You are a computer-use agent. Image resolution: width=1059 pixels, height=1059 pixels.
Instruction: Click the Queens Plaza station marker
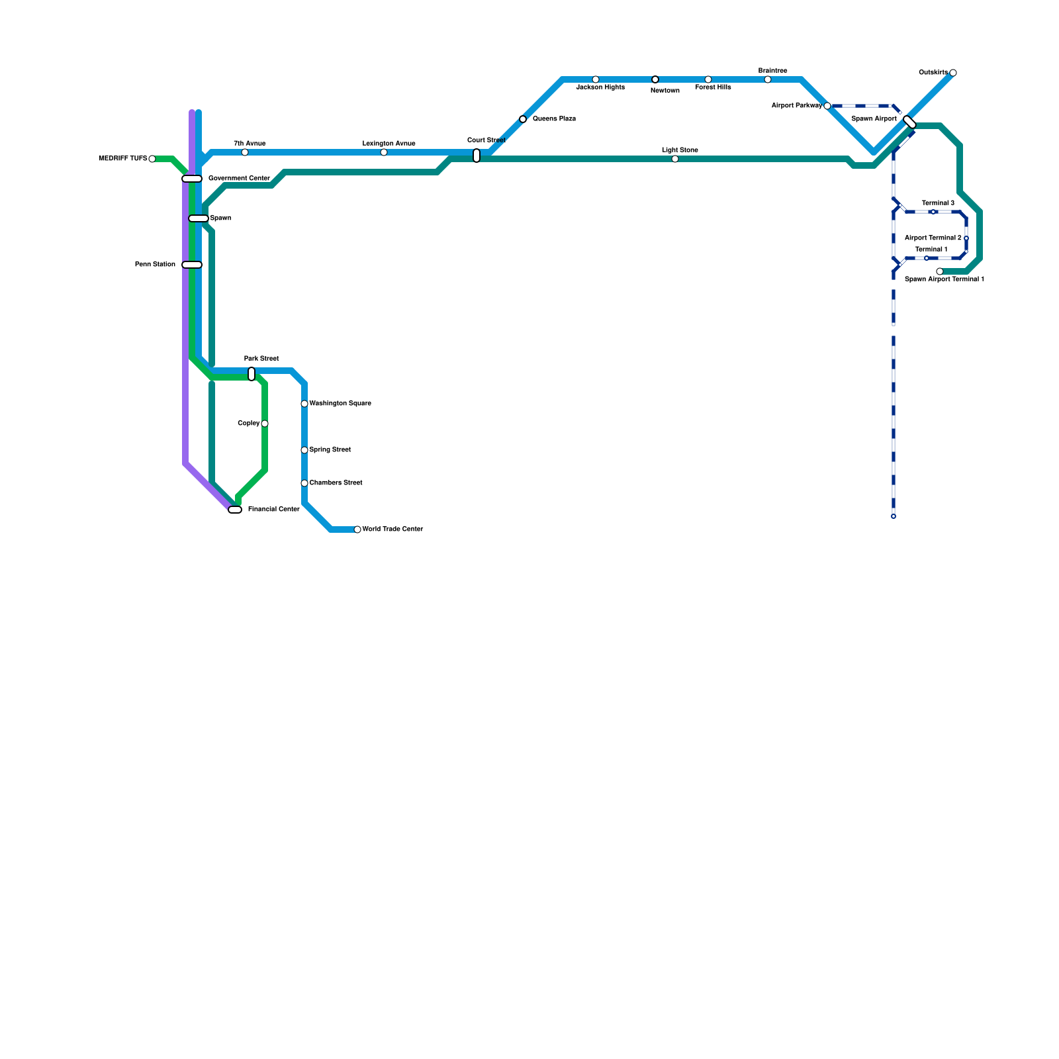coord(523,119)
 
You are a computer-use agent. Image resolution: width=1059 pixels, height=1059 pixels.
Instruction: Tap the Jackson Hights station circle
coord(596,79)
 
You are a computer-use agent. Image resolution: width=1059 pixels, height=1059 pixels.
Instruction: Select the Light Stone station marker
coord(675,159)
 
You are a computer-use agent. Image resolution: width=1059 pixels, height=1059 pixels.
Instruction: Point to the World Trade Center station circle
coord(357,529)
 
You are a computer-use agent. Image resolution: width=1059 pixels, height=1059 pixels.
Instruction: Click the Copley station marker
coord(265,424)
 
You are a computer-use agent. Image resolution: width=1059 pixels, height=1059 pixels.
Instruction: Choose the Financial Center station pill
coord(235,510)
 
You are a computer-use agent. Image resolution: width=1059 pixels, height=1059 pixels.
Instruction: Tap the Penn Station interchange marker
coord(192,265)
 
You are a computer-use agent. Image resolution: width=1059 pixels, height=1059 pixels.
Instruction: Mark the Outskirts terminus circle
coord(953,73)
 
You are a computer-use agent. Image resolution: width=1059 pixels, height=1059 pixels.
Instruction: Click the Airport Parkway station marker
coord(827,106)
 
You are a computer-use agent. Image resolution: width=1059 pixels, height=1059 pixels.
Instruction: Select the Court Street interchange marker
coord(477,156)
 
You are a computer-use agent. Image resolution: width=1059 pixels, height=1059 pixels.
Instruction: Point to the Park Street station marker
coord(252,374)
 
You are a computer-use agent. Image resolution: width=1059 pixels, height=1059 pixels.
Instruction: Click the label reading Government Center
coord(239,179)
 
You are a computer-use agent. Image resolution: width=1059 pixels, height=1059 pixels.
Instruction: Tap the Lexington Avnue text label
coord(389,144)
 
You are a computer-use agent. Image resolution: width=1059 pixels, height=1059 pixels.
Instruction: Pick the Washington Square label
coord(340,404)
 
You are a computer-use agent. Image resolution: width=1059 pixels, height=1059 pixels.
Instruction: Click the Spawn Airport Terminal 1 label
coord(944,279)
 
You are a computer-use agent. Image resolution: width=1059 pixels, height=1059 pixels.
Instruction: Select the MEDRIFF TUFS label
coord(122,159)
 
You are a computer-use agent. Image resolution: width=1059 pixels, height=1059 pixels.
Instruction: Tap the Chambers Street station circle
coord(304,483)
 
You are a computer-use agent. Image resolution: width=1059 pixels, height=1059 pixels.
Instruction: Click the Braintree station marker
coord(768,79)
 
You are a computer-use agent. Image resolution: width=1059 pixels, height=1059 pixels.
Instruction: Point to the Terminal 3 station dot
coord(933,212)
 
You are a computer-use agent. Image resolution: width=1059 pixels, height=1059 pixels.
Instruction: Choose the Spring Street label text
coord(330,450)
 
